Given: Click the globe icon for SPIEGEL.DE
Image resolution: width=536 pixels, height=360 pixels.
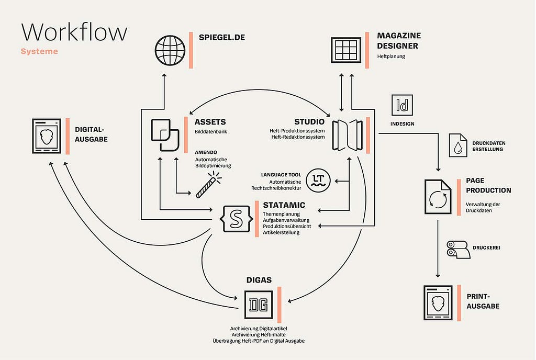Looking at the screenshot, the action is tap(170, 50).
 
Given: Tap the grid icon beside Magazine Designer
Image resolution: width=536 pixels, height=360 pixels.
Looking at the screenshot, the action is tap(346, 50).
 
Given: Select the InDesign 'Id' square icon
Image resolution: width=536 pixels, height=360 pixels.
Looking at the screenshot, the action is tap(402, 105).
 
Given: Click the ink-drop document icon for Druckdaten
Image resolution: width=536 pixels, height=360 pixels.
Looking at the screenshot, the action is tap(457, 145).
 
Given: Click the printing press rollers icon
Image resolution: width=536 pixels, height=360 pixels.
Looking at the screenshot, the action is tap(459, 249).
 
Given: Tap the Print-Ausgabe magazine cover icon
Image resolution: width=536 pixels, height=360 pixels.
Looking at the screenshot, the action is tap(438, 303).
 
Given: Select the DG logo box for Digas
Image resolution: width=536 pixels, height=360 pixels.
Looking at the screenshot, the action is tap(259, 305).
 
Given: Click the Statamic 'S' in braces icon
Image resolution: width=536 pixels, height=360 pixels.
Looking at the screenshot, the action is tap(236, 219).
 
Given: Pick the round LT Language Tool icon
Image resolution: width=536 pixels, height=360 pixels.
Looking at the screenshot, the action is tap(318, 180).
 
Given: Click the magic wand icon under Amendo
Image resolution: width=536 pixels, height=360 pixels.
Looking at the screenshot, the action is tap(208, 185).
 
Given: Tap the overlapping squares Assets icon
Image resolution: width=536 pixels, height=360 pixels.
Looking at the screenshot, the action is tap(165, 135).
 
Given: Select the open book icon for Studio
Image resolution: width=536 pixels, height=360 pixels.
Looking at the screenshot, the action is tap(348, 135).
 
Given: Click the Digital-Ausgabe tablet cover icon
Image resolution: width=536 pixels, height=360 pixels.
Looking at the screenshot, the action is tap(47, 136).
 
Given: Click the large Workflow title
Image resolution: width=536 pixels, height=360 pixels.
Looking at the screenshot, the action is tap(74, 32).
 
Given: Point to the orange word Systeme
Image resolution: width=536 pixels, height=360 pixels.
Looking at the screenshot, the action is tap(39, 52).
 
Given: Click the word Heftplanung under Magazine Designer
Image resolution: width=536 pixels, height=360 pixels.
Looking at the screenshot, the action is tap(391, 57).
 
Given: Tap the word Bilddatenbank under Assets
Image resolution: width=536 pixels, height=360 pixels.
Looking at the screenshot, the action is tap(211, 131).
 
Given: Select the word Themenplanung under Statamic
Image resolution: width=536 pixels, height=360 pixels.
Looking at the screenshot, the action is tap(281, 215).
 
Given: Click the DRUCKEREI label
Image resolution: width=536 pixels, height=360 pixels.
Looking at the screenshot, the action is tap(486, 248).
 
